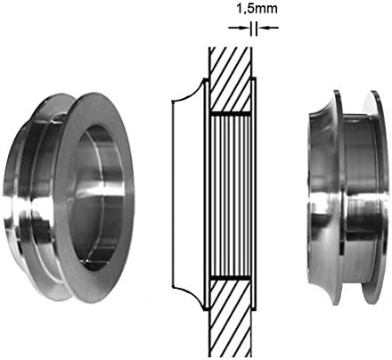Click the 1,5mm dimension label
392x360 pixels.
tap(257, 9)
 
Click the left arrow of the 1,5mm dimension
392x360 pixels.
tap(239, 28)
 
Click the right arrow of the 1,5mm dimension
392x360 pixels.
tap(267, 28)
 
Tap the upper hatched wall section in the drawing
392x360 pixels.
tap(231, 79)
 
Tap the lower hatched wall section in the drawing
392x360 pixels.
tap(231, 318)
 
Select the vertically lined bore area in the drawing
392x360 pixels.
tap(231, 197)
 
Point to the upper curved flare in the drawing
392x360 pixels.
tap(189, 93)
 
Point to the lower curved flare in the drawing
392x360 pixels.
tap(189, 298)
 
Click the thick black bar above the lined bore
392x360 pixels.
tap(231, 114)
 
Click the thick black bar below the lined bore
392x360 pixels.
tap(231, 279)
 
